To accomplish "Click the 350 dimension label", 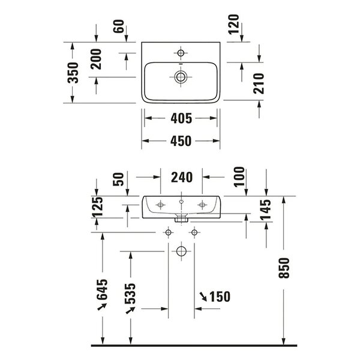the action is point(73,73).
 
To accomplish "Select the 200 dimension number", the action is point(96,59).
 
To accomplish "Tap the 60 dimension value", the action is point(119,26).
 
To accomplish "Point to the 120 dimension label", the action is point(234,24).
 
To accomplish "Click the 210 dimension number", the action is point(259,83).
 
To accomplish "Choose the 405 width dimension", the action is point(181,118).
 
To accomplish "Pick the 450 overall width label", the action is point(181,141).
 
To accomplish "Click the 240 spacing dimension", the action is point(182,177).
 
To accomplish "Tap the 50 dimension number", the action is point(118,179).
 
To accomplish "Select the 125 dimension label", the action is point(97,207).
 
